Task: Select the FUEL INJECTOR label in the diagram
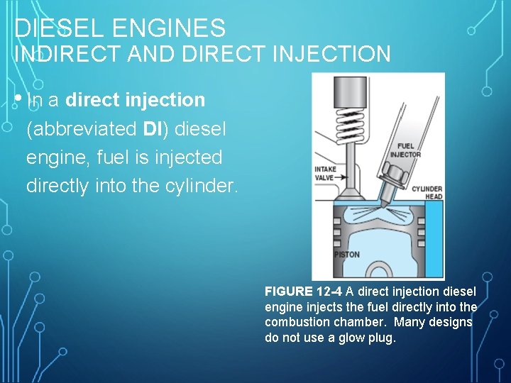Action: (x=405, y=150)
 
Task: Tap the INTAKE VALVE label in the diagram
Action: (x=325, y=174)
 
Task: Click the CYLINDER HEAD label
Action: (x=427, y=192)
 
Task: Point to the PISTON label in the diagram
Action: (x=347, y=255)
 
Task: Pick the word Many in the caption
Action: (x=410, y=322)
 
